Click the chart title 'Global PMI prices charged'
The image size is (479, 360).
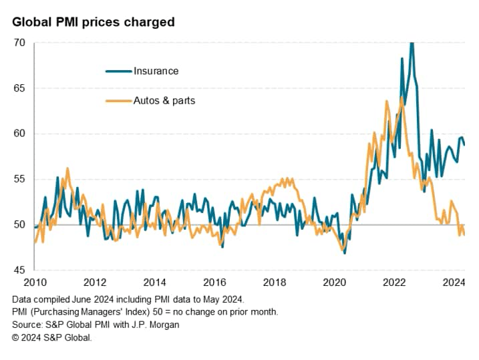93,22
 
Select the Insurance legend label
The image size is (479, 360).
156,71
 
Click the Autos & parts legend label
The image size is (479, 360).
164,101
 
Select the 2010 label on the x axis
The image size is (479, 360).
34,282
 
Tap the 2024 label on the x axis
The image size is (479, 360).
454,282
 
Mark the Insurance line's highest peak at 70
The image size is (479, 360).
412,43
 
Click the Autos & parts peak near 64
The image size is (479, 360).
402,98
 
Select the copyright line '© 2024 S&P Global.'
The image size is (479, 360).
52,337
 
